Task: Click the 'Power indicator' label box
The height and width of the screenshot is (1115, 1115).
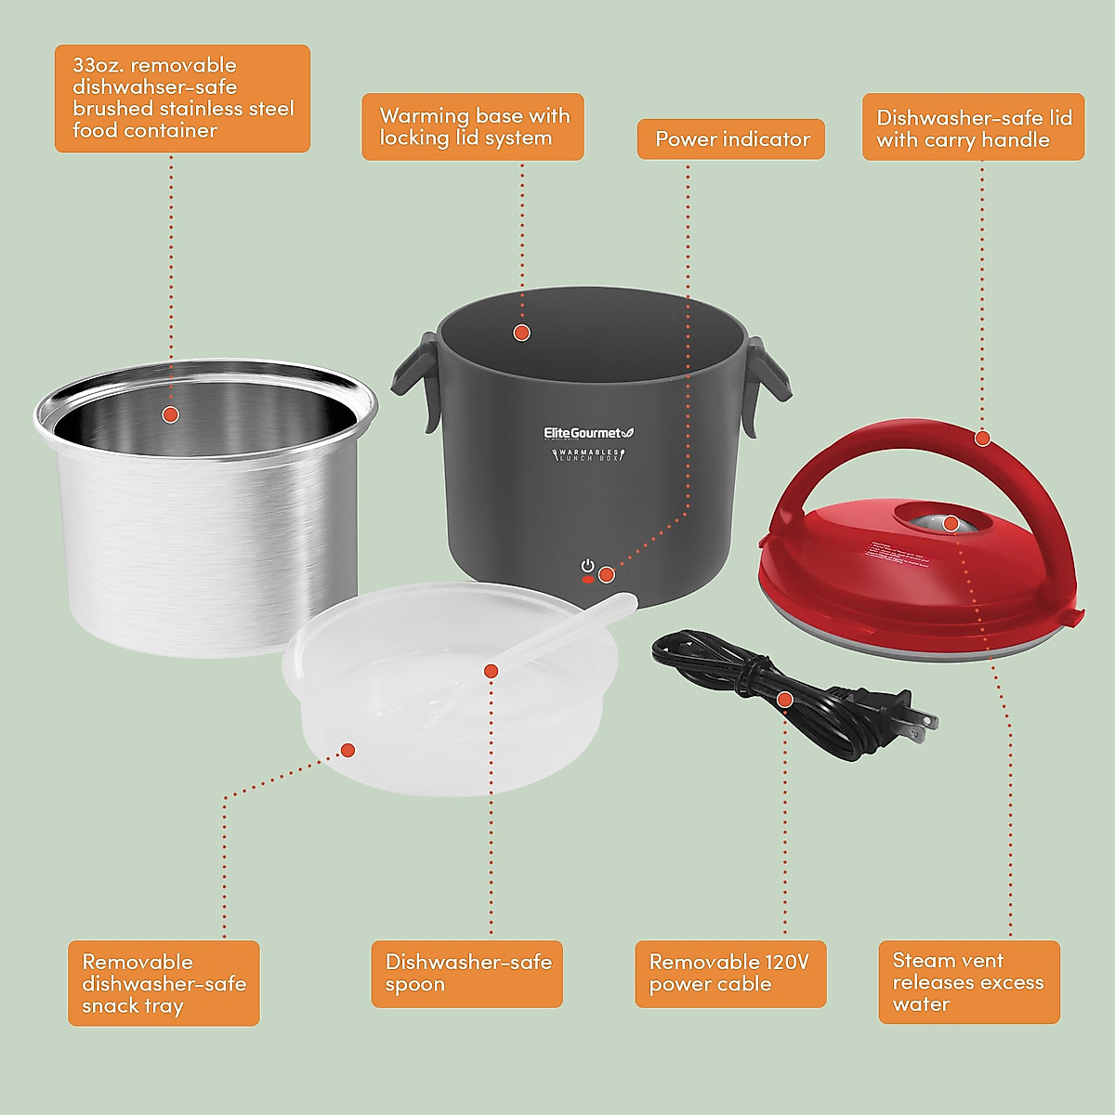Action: click(x=731, y=139)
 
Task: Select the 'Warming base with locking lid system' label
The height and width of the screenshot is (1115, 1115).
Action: click(x=473, y=127)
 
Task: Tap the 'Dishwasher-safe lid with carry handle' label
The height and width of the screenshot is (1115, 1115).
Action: click(x=973, y=127)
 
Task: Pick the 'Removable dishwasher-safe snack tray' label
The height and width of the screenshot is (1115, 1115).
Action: click(x=164, y=983)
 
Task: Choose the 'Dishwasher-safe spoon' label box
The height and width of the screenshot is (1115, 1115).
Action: click(x=467, y=974)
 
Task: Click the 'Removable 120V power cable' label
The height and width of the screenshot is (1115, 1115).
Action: click(x=730, y=974)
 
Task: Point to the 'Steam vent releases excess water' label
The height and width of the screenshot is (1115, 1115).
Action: click(x=968, y=982)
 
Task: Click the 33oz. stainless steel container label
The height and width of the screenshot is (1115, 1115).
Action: click(x=182, y=98)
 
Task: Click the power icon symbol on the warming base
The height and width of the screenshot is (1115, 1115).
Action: click(x=587, y=566)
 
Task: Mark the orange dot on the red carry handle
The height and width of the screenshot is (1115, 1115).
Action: click(x=982, y=439)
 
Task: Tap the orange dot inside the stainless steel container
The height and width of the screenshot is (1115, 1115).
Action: click(x=170, y=414)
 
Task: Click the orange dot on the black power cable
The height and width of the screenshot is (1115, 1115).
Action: click(x=785, y=699)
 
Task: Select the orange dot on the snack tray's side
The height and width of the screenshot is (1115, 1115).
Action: click(x=348, y=750)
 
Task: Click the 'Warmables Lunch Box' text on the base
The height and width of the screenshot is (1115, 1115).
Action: click(x=587, y=454)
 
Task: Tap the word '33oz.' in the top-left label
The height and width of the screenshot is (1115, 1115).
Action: click(x=102, y=65)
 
